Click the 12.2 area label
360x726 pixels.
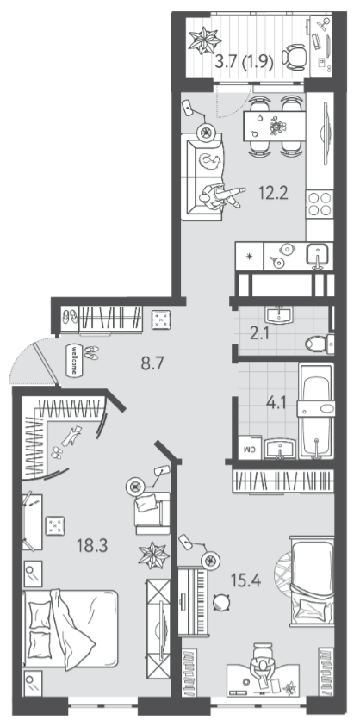(273, 193)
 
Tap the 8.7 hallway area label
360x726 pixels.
(152, 364)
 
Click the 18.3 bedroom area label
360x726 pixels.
(92, 545)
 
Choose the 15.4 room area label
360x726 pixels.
(246, 580)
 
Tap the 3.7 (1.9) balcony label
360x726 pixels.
(245, 61)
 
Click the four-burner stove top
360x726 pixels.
(320, 203)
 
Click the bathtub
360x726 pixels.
(315, 411)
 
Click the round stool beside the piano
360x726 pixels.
(221, 602)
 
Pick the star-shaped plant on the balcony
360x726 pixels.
(205, 40)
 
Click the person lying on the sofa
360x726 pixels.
(222, 195)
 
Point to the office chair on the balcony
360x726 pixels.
(294, 57)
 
